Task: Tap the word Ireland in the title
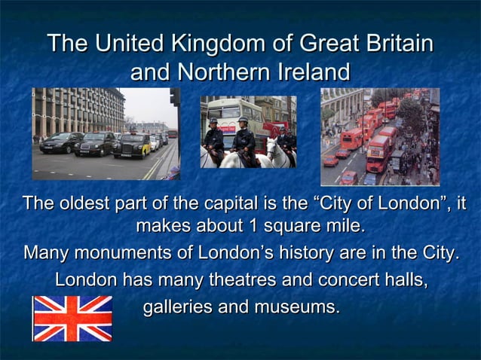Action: point(311,72)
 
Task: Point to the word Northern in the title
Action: point(227,72)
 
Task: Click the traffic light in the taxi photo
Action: point(174,97)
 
